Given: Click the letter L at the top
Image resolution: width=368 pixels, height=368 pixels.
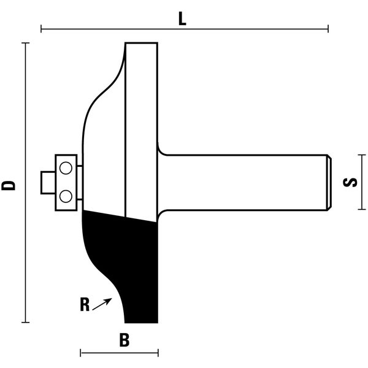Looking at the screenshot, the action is coord(182,19).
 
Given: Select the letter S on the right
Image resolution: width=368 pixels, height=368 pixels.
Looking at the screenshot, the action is coord(350,182).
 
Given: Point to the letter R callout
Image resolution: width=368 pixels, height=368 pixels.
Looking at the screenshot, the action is coord(85,304).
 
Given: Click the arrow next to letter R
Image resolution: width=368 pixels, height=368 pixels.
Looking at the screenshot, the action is coord(102,304).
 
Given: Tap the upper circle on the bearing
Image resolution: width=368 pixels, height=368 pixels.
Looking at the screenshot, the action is coord(66,168).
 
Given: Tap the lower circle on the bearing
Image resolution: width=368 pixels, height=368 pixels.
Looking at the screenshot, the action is coord(66,196).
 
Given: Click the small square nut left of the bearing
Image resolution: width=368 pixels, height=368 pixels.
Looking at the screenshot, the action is coord(48,183).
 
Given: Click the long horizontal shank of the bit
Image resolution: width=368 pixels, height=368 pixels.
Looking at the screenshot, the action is coord(244,182).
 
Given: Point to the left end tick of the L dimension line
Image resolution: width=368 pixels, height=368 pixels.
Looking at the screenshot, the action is coord(41,29).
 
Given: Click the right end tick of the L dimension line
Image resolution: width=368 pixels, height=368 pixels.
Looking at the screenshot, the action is coord(328,29).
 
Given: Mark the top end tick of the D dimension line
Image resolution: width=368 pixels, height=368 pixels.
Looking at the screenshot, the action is coord(25,43).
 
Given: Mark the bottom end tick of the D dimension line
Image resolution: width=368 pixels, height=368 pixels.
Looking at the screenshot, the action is coord(25,322).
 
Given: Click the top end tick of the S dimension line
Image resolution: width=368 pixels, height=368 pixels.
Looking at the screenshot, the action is coord(362,155).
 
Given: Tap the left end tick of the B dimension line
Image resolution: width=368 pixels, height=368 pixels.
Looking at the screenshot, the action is coord(80,353).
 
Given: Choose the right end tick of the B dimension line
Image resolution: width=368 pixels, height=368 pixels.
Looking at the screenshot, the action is coord(158,353).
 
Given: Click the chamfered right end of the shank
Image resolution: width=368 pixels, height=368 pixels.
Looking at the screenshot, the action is coord(329,182).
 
